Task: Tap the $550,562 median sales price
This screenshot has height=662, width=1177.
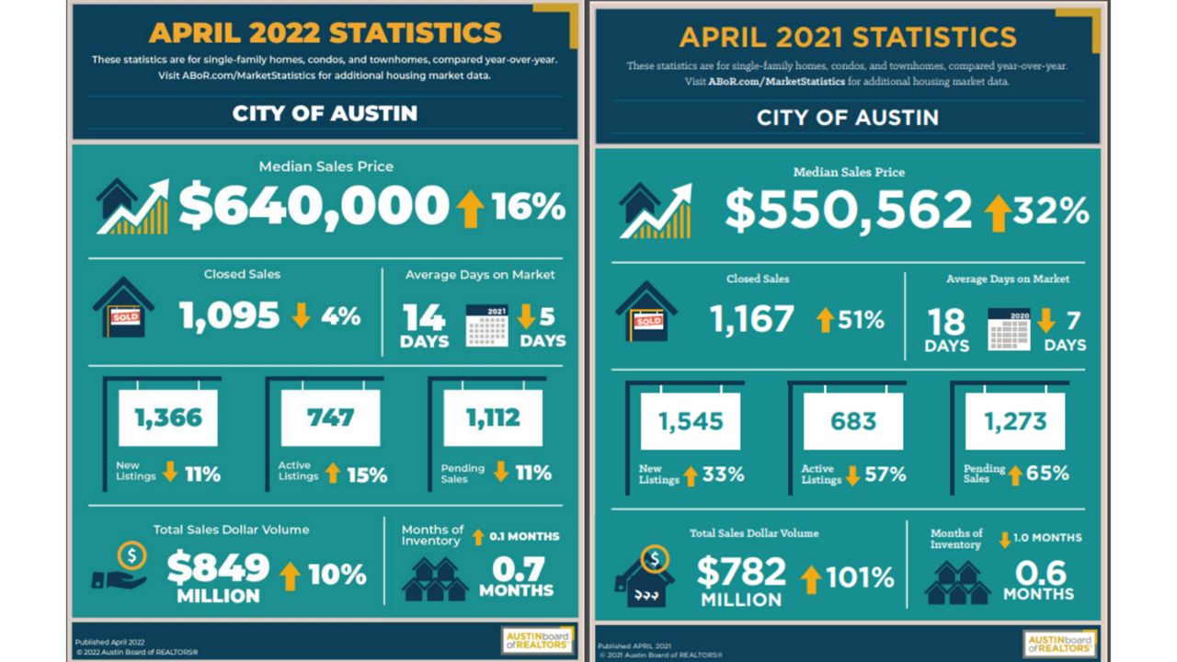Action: (x=848, y=211)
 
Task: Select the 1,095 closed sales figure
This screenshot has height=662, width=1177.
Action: (x=229, y=316)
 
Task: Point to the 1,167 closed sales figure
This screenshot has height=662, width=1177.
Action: (x=751, y=319)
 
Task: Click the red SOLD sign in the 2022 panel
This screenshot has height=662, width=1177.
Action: (x=124, y=317)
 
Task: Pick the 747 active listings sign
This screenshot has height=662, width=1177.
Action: (x=330, y=418)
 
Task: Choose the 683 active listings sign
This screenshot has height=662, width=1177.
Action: (x=853, y=422)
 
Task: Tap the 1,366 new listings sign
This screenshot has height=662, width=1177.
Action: (x=168, y=418)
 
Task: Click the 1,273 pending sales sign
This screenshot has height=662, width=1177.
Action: (x=1015, y=422)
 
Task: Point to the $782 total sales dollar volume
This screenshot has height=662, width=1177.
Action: (x=741, y=573)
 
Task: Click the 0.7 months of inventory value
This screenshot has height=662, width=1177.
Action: (x=516, y=569)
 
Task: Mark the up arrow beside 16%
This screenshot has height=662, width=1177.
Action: (x=470, y=209)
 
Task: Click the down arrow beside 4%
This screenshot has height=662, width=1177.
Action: (x=302, y=316)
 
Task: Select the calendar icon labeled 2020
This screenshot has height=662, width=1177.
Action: (x=1009, y=329)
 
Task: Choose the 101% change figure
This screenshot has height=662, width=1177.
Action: (x=860, y=577)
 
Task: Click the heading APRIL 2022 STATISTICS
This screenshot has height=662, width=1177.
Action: (x=326, y=33)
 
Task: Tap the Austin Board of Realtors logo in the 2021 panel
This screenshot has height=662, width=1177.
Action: (x=1059, y=643)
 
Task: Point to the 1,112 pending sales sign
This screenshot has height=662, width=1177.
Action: (x=493, y=418)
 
